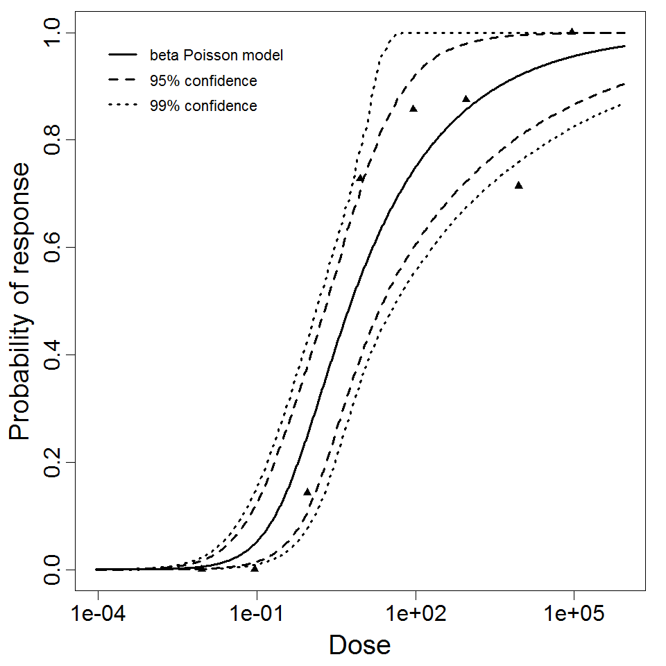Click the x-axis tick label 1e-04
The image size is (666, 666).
99,615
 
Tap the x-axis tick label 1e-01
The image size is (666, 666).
257,615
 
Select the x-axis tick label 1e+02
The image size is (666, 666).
415,615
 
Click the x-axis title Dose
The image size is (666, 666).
359,645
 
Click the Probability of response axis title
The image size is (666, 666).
21,301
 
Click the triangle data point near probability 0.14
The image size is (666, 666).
307,492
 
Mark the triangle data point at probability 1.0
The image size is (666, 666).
572,31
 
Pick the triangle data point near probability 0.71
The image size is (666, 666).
518,185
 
